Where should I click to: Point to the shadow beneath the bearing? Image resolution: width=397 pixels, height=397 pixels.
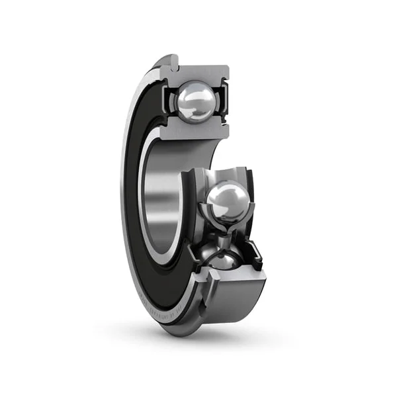198,344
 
